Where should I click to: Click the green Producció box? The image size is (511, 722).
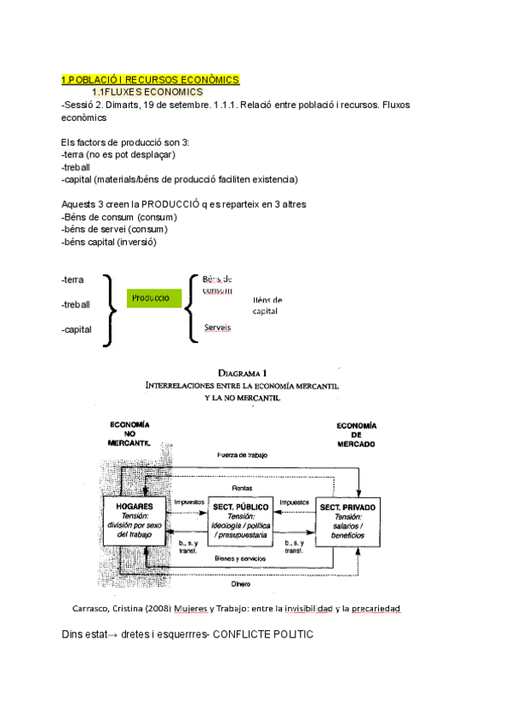[154, 298]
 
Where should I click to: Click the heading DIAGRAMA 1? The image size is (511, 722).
[243, 372]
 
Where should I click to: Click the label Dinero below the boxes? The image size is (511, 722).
[241, 585]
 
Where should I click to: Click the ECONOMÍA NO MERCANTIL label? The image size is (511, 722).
[129, 433]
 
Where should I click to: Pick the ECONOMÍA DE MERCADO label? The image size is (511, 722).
[356, 433]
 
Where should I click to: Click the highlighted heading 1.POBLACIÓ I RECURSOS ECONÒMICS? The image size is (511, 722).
[151, 80]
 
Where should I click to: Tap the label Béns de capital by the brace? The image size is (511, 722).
[267, 306]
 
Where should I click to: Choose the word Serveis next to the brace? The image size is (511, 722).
[217, 327]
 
